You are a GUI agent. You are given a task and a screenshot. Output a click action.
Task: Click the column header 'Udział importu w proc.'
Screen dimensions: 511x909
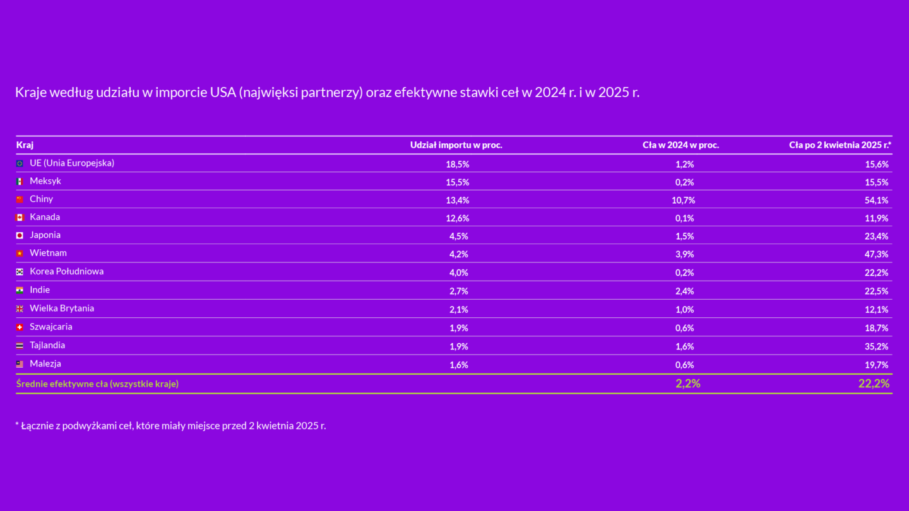456,145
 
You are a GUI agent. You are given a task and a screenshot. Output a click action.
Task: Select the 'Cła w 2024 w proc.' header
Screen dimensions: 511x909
680,145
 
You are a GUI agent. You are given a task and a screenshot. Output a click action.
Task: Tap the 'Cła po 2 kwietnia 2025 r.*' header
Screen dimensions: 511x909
840,145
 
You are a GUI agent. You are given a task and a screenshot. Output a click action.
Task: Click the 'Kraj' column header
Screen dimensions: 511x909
25,145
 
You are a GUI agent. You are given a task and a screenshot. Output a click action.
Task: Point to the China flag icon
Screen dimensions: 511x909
20,199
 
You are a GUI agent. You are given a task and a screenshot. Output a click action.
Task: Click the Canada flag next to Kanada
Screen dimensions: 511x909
20,218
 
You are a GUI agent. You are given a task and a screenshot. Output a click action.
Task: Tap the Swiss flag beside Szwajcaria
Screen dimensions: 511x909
20,327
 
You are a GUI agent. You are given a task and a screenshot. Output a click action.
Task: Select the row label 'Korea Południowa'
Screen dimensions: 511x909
66,271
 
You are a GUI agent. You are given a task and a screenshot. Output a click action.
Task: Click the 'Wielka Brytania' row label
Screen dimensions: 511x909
62,308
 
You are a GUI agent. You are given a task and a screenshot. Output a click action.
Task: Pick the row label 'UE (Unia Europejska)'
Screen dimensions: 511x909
72,163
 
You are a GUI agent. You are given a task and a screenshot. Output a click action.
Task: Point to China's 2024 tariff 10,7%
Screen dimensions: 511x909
684,201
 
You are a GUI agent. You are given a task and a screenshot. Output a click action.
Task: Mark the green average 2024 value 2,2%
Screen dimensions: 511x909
687,384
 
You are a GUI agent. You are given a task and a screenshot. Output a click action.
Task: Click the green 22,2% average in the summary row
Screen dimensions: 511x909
874,384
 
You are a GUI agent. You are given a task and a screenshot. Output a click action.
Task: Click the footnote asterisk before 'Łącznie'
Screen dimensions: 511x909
17,424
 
